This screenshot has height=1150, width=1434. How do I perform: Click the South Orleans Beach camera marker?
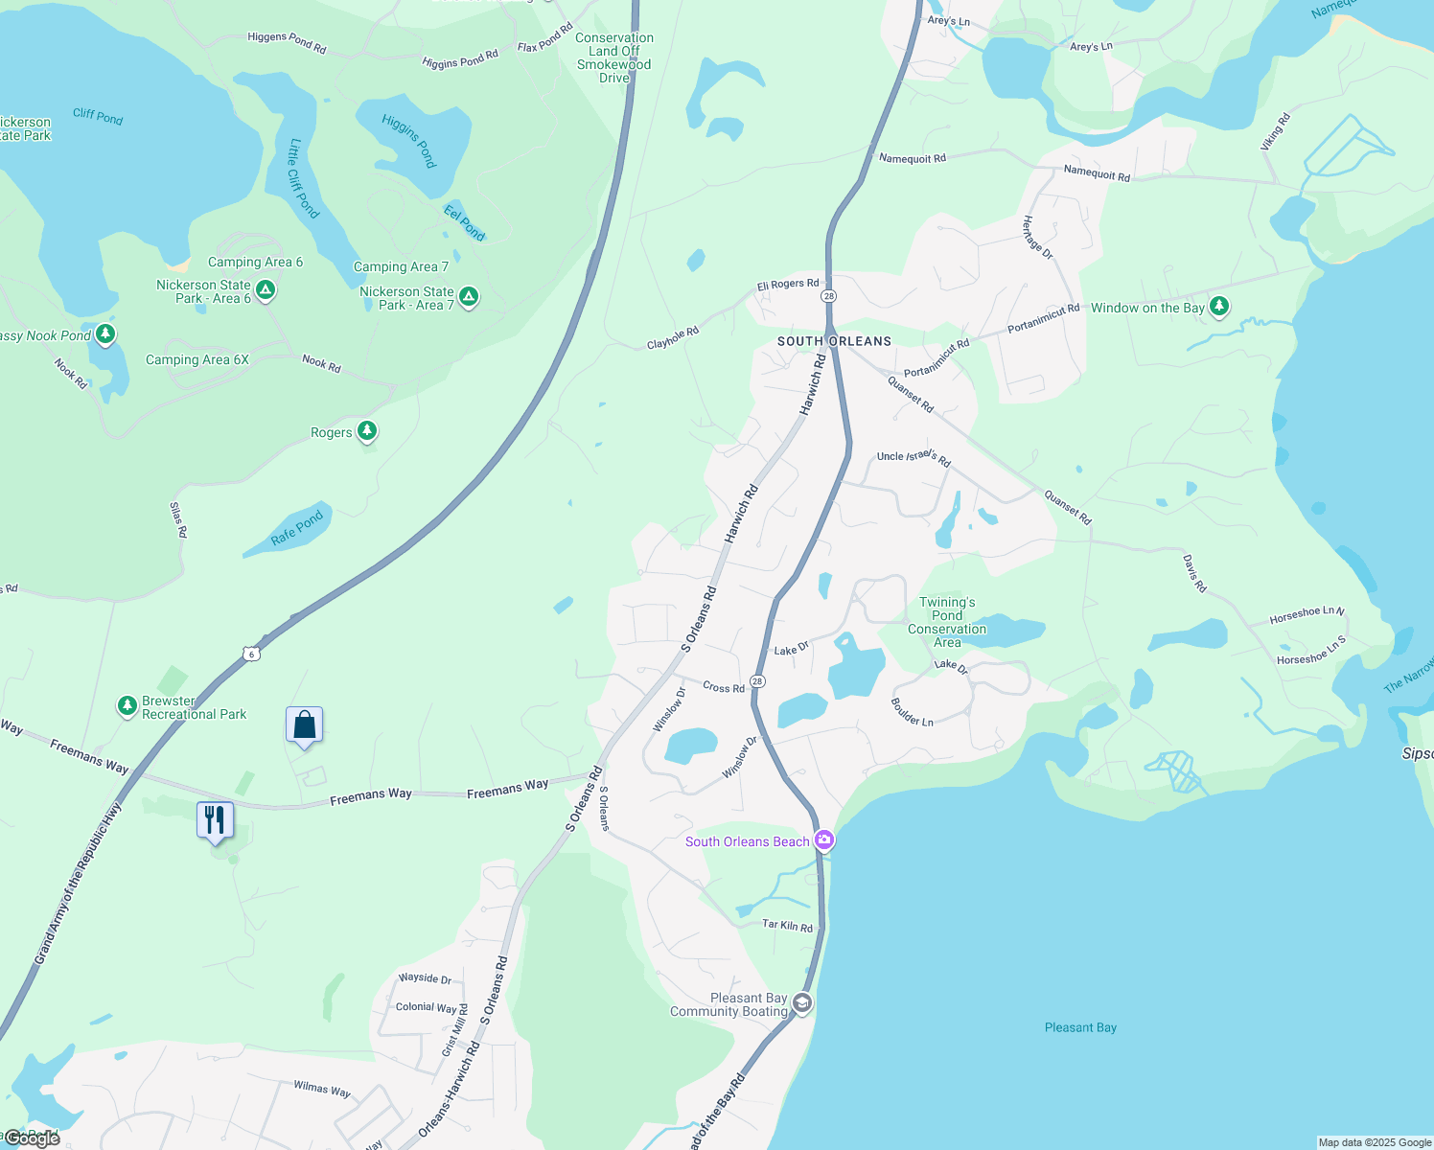824,841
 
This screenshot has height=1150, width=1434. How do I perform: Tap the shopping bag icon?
304,724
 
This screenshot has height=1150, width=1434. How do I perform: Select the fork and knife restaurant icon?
215,820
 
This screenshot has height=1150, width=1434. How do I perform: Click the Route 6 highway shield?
251,654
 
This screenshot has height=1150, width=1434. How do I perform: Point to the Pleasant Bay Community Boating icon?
802,1003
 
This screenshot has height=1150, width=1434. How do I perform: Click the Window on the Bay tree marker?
1218,307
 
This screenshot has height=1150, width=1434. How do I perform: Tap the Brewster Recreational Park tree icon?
127,706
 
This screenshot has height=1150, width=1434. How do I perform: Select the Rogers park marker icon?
366,431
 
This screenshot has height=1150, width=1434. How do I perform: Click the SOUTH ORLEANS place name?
834,341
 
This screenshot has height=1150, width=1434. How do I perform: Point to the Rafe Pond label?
297,527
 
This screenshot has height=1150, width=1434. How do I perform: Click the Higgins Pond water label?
410,140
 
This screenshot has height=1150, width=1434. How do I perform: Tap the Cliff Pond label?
98,116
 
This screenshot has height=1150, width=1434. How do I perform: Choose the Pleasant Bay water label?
1080,1027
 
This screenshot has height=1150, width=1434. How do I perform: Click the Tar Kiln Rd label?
787,926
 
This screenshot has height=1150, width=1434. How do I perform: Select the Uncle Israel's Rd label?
914,457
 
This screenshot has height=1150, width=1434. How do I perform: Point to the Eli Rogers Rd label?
788,285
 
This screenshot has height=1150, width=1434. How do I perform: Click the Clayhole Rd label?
673,338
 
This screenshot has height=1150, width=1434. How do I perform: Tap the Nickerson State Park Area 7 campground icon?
469,296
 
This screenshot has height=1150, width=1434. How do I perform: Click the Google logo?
33,1138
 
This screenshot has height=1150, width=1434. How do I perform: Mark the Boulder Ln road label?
912,712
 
